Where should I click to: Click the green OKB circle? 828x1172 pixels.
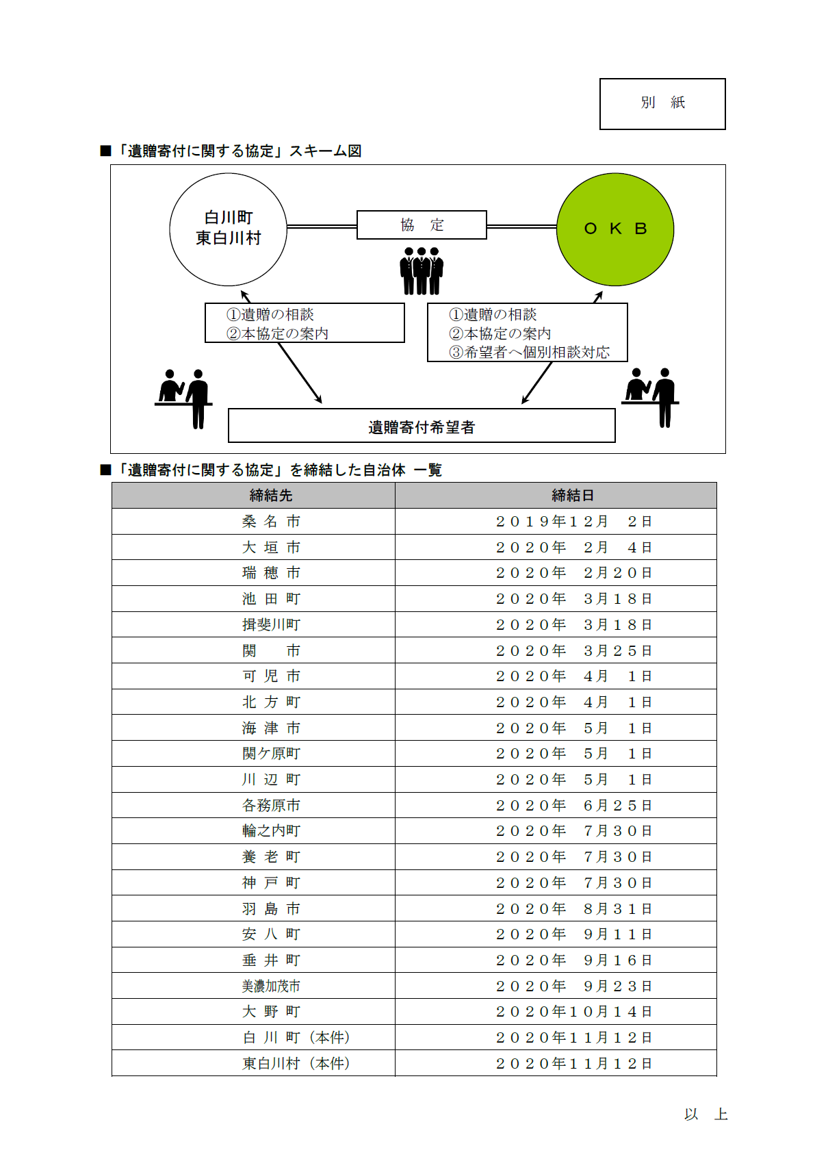click(x=614, y=229)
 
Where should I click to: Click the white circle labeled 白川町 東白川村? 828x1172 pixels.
click(x=228, y=229)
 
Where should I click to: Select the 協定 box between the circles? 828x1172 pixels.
click(x=422, y=225)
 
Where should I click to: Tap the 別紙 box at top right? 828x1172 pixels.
click(x=662, y=103)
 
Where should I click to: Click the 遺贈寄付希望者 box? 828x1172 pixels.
click(x=421, y=426)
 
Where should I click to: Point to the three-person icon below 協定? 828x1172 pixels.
click(x=422, y=271)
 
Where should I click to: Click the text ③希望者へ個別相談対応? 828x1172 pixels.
click(x=529, y=352)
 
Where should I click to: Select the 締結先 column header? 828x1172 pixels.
click(x=271, y=495)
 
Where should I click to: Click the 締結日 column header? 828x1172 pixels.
click(x=573, y=495)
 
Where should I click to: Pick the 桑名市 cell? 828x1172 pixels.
click(x=271, y=522)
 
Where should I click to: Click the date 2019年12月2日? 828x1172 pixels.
click(x=573, y=522)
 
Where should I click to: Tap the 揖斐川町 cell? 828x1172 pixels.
click(x=271, y=624)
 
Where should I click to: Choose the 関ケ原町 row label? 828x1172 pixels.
click(x=271, y=754)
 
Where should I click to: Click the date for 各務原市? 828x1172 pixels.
click(x=573, y=805)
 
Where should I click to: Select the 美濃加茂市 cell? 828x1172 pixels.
click(x=271, y=986)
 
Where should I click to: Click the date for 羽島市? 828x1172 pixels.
click(x=573, y=908)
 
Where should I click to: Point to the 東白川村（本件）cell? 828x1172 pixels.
click(x=296, y=1063)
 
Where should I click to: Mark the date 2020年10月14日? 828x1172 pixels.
click(x=573, y=1012)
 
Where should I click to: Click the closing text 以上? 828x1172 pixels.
click(x=705, y=1114)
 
